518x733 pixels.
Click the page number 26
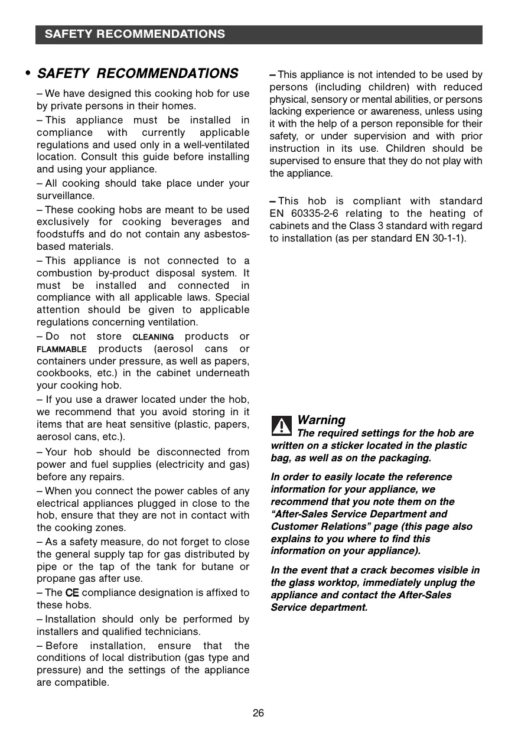pos(258,713)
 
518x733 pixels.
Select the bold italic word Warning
pos(321,420)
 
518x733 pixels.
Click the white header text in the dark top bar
pos(135,34)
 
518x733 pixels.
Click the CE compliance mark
pos(71,592)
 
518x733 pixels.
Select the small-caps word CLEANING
pos(152,337)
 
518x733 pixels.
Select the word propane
pos(54,579)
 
